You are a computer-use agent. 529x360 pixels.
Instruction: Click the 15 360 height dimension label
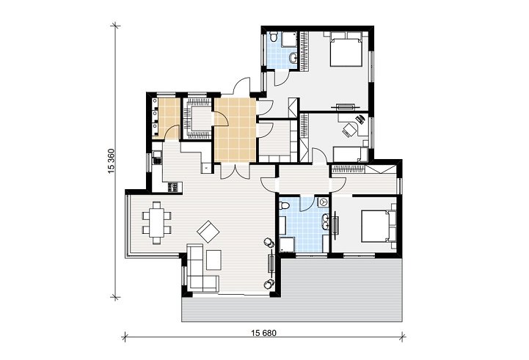coord(112,161)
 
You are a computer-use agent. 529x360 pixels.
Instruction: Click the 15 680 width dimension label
coord(263,334)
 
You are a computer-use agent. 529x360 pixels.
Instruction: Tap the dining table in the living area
coord(157,222)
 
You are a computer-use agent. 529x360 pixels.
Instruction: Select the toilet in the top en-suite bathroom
coord(274,37)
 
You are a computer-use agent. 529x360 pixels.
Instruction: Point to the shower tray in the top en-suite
coord(288,40)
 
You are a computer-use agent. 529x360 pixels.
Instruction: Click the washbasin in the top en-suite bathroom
coord(293,59)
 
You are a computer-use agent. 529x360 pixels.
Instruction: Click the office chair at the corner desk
coord(349,130)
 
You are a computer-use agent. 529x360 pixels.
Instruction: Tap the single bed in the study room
coord(350,154)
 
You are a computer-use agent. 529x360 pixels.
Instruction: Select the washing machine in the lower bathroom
coord(324,202)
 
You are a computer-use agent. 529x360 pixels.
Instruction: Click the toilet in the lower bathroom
coord(284,205)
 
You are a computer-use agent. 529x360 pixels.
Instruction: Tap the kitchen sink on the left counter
coord(157,158)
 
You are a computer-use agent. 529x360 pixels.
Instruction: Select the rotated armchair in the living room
coord(208,232)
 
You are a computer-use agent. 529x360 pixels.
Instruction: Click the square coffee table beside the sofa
coord(214,260)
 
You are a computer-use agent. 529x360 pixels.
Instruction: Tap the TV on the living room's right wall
coord(271,263)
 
